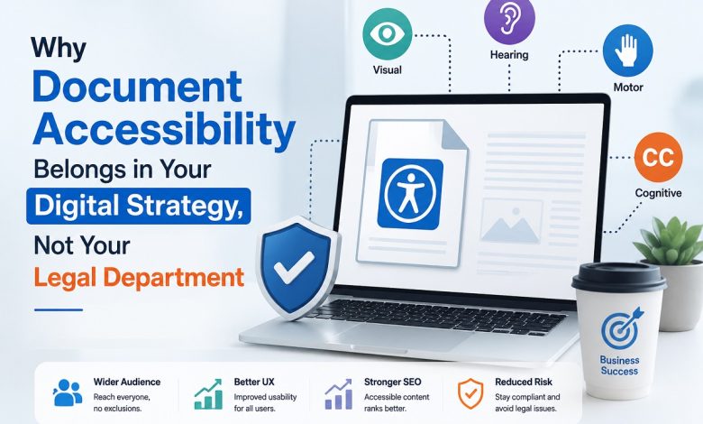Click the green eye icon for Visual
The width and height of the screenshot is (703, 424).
pos(388,34)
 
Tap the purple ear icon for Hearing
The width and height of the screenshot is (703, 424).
pos(508,20)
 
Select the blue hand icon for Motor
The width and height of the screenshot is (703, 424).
pos(627,51)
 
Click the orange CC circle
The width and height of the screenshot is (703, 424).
pos(658,157)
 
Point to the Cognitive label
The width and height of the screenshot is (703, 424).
pos(658,193)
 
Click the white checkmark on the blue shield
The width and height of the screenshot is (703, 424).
pos(294,266)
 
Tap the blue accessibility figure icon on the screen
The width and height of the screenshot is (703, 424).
pos(410,194)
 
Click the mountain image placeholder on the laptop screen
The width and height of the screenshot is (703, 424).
pos(511,222)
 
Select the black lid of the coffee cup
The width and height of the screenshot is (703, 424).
pos(618,277)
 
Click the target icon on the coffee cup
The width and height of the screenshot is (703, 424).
pos(622,329)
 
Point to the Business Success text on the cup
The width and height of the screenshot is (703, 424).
pos(619,365)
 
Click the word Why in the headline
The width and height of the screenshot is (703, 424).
pos(59,48)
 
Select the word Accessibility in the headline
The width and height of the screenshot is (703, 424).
pos(164,128)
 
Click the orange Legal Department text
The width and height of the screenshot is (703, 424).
pos(139,277)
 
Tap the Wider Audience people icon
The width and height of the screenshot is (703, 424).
pos(68,392)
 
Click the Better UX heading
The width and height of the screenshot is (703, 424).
pos(254,382)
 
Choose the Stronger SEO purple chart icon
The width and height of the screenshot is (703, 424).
pos(338,393)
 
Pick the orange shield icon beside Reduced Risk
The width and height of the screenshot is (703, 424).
pos(470,393)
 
